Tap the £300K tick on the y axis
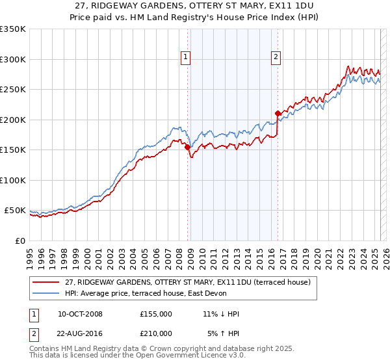[x=13, y=59]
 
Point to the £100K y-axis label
[x=13, y=180]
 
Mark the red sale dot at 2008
[x=187, y=147]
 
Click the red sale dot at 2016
[x=278, y=114]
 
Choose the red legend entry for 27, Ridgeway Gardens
[x=188, y=281]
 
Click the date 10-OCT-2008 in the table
[x=80, y=314]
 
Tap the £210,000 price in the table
[x=156, y=333]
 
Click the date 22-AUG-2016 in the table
[x=80, y=333]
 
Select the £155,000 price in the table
[x=156, y=314]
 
